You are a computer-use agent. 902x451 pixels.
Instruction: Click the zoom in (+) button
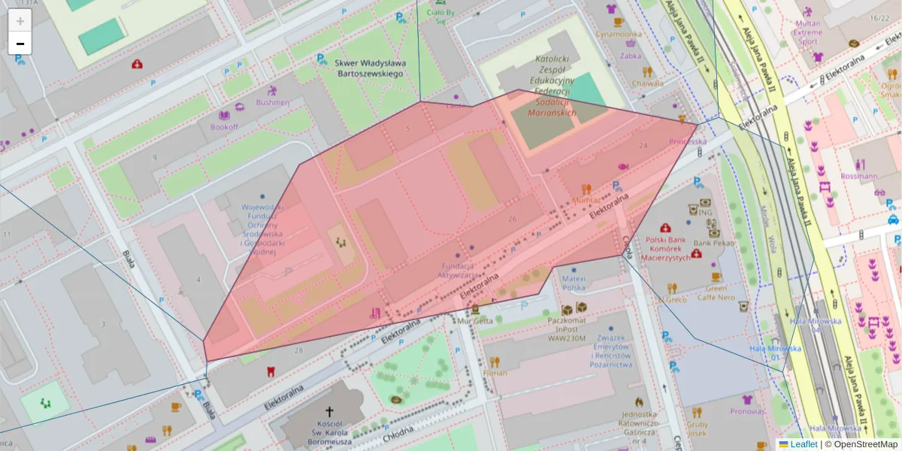click(x=20, y=21)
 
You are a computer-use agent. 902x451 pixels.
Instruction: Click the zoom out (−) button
click(x=20, y=44)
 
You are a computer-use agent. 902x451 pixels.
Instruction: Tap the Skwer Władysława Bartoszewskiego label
click(x=370, y=68)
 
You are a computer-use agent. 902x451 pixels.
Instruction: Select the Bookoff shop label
click(x=224, y=127)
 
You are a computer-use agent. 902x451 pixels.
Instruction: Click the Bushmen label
click(x=272, y=102)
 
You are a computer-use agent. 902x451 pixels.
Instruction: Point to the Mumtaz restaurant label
click(x=586, y=200)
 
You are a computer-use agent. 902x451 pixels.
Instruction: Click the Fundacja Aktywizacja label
click(x=457, y=271)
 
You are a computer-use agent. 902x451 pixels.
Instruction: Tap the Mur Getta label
click(x=475, y=320)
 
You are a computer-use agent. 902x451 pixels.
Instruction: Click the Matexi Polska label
click(x=574, y=283)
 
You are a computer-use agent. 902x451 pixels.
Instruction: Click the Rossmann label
click(x=861, y=177)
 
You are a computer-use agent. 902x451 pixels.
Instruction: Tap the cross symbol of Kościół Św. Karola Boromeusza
click(x=328, y=411)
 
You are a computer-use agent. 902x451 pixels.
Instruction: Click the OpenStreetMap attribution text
click(x=861, y=444)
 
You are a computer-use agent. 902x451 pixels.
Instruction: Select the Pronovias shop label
click(x=747, y=411)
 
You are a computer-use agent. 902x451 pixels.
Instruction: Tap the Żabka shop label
click(x=631, y=56)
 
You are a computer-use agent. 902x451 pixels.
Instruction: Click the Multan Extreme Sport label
click(x=808, y=32)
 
